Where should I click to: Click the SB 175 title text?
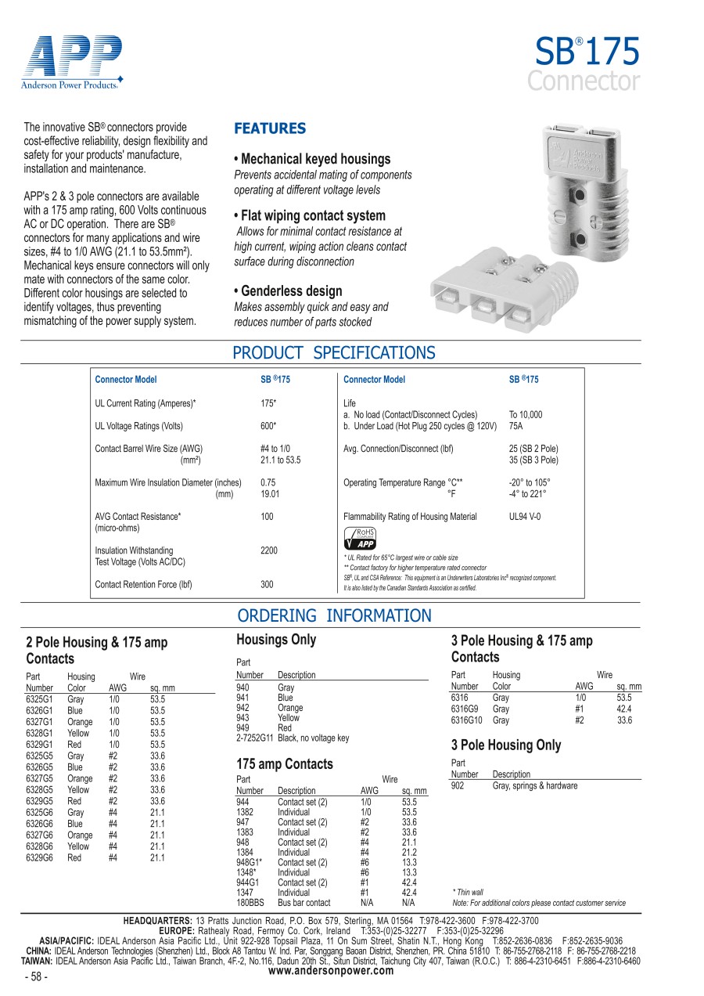click(587, 52)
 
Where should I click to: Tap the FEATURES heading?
click(270, 128)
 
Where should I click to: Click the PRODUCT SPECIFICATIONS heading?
click(334, 352)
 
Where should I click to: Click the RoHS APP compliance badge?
click(361, 539)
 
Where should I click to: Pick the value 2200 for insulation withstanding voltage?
click(268, 550)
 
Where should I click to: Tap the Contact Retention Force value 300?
click(267, 584)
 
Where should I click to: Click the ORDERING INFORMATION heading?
click(334, 615)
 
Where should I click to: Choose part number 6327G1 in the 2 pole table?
click(40, 722)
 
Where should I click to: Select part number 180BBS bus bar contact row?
click(250, 903)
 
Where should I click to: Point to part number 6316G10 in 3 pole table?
click(467, 720)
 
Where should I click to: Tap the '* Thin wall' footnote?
click(468, 892)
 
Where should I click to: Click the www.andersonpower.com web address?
click(331, 971)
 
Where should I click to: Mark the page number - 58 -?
click(37, 977)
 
